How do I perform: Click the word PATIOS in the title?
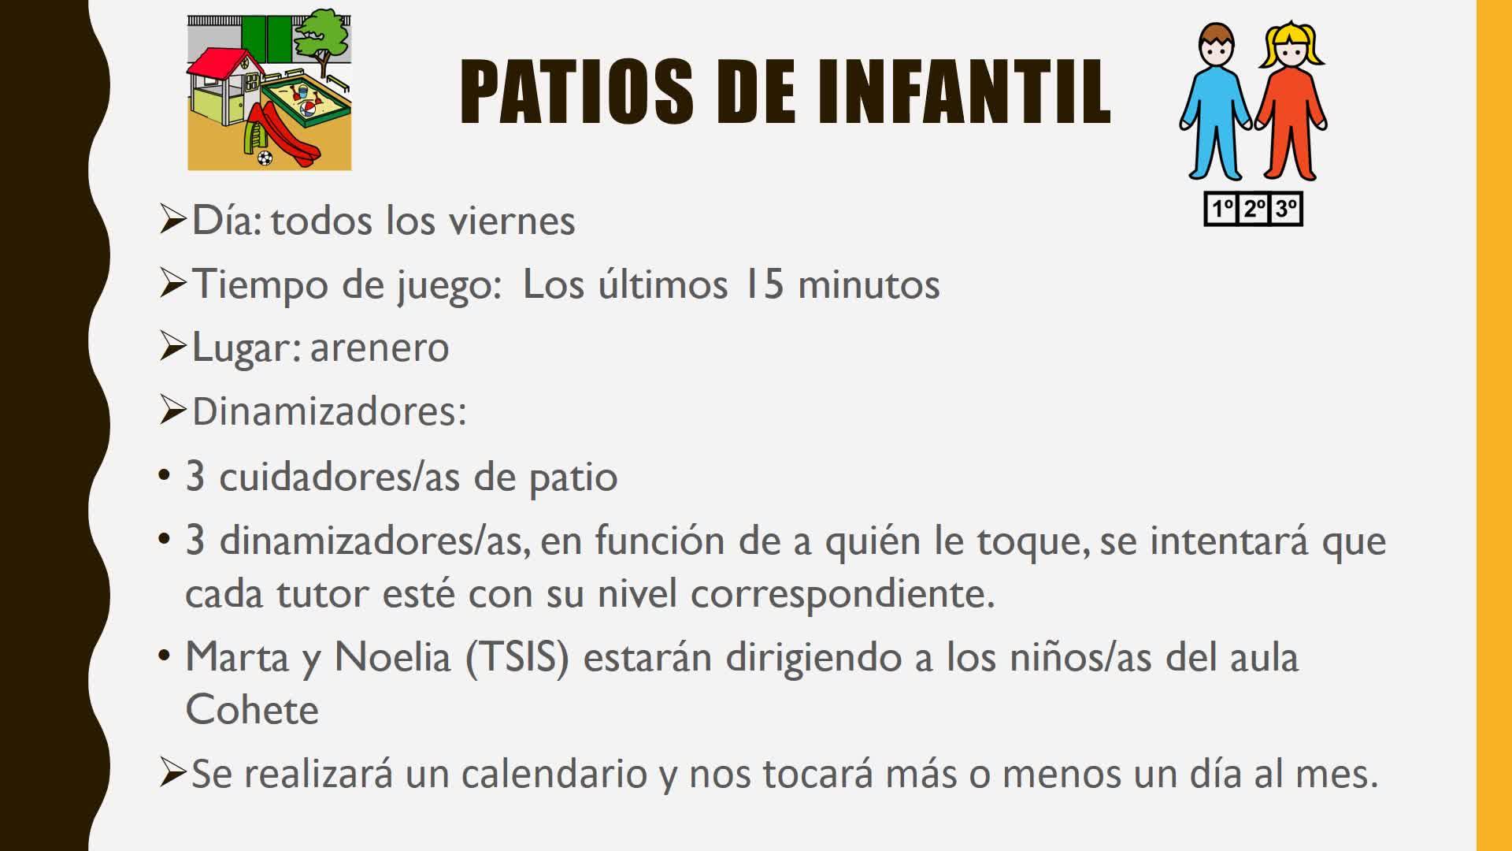(576, 91)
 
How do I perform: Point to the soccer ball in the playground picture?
(265, 158)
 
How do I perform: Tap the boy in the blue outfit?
(1216, 101)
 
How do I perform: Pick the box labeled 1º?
(1222, 209)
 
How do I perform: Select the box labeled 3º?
(1287, 209)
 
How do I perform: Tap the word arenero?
(380, 348)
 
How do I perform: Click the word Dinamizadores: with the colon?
(329, 411)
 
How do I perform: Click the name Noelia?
(392, 657)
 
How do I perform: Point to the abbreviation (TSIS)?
(517, 658)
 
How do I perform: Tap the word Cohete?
(252, 710)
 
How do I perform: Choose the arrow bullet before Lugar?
(172, 347)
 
